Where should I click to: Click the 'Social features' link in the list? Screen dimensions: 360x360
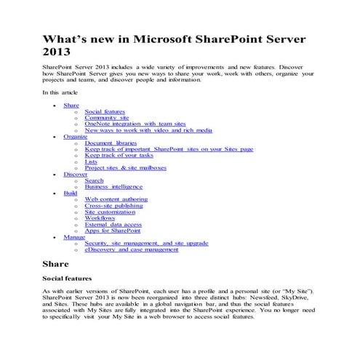(x=105, y=111)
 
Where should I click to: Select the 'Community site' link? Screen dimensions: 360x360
(x=106, y=118)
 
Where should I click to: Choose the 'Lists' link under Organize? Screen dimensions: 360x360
(x=91, y=161)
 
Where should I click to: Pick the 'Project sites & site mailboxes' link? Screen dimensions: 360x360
(x=125, y=168)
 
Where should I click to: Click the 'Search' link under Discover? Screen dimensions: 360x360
(x=94, y=180)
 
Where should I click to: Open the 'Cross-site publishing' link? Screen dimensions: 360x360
(x=113, y=205)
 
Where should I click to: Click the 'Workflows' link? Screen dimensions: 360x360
(x=100, y=217)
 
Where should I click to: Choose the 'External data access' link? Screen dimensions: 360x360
(x=112, y=224)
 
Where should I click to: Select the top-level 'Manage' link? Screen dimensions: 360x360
(x=74, y=236)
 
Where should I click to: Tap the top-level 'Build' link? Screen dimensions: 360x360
(x=71, y=193)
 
